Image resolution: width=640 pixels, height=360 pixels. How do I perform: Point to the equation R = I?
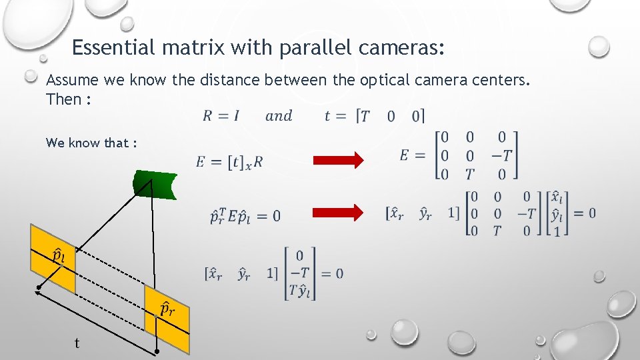pyautogui.click(x=221, y=116)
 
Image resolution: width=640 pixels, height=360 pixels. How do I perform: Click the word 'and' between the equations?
pyautogui.click(x=279, y=116)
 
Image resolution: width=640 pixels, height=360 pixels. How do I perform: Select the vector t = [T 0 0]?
pyautogui.click(x=375, y=116)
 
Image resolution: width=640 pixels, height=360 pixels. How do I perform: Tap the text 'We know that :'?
pyautogui.click(x=91, y=143)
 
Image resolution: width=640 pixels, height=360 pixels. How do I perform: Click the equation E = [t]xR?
pyautogui.click(x=229, y=161)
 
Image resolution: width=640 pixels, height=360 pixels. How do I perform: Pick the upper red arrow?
pyautogui.click(x=339, y=160)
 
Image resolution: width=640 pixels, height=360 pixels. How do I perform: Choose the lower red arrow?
pyautogui.click(x=339, y=213)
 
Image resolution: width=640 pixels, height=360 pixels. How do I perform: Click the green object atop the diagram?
pyautogui.click(x=155, y=184)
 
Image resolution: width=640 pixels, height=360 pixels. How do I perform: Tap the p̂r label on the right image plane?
pyautogui.click(x=167, y=308)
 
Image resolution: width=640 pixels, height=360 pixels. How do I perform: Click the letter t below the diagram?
pyautogui.click(x=77, y=343)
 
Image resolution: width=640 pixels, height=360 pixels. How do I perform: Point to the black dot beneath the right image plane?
pyautogui.click(x=157, y=351)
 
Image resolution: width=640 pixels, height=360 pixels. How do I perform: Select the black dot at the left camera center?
pyautogui.click(x=39, y=289)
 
